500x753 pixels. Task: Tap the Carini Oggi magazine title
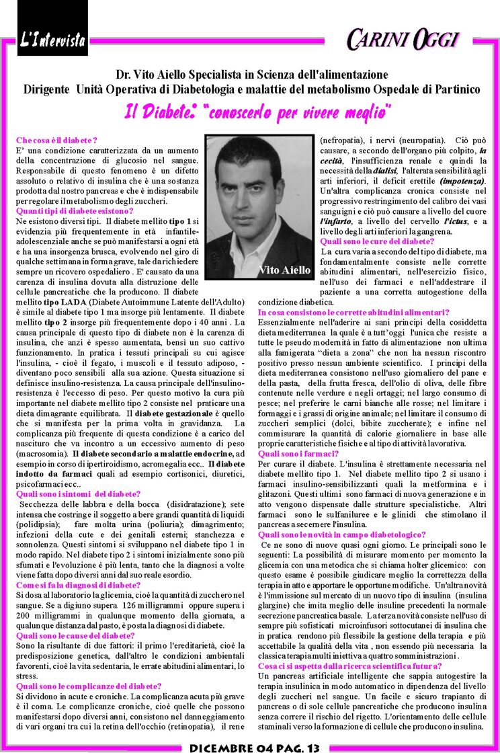(x=402, y=38)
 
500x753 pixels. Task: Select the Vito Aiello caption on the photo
(x=285, y=270)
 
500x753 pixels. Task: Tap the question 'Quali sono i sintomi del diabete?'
(x=78, y=493)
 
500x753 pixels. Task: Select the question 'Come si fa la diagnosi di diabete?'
(x=78, y=585)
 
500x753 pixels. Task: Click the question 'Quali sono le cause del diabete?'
(x=76, y=635)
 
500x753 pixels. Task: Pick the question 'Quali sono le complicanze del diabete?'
(x=88, y=686)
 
